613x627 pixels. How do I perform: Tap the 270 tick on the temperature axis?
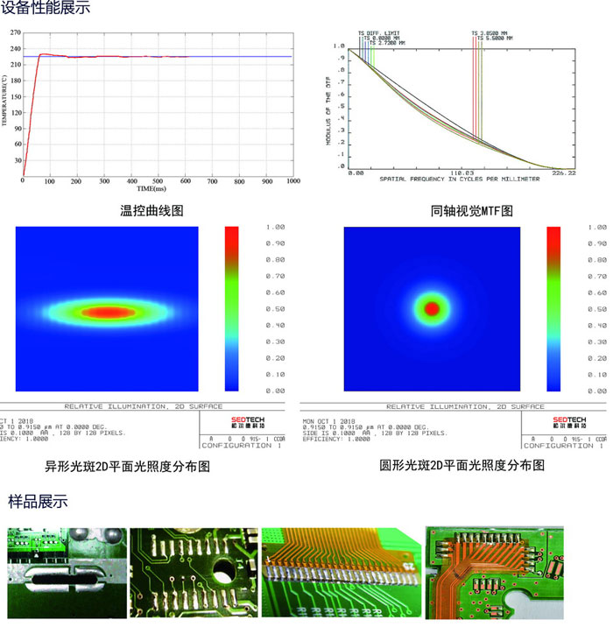pyautogui.click(x=15, y=32)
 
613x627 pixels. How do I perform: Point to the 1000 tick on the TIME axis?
pyautogui.click(x=292, y=180)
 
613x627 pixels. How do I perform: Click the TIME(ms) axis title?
pyautogui.click(x=151, y=188)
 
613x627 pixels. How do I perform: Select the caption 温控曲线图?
pyautogui.click(x=151, y=210)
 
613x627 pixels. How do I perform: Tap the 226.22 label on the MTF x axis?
pyautogui.click(x=566, y=173)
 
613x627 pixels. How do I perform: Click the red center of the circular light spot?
pyautogui.click(x=431, y=308)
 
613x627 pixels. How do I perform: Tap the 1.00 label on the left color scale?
pyautogui.click(x=274, y=227)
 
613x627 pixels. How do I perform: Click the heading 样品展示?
pyautogui.click(x=38, y=502)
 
